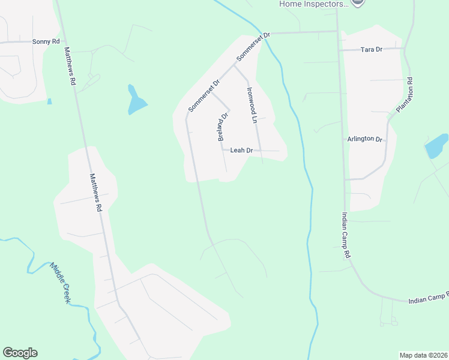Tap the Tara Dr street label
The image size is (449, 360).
point(371,49)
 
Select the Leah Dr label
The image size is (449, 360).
point(241,151)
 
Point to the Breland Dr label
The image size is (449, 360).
point(223,126)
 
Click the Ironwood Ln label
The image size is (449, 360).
point(252,106)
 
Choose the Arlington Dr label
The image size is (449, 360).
point(365,139)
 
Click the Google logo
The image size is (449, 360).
point(20,353)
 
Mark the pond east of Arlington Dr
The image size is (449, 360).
point(435,146)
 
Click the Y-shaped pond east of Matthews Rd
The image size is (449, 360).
point(136,102)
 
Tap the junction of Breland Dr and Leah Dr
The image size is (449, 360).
point(223,150)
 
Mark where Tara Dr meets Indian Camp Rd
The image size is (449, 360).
point(339,50)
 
